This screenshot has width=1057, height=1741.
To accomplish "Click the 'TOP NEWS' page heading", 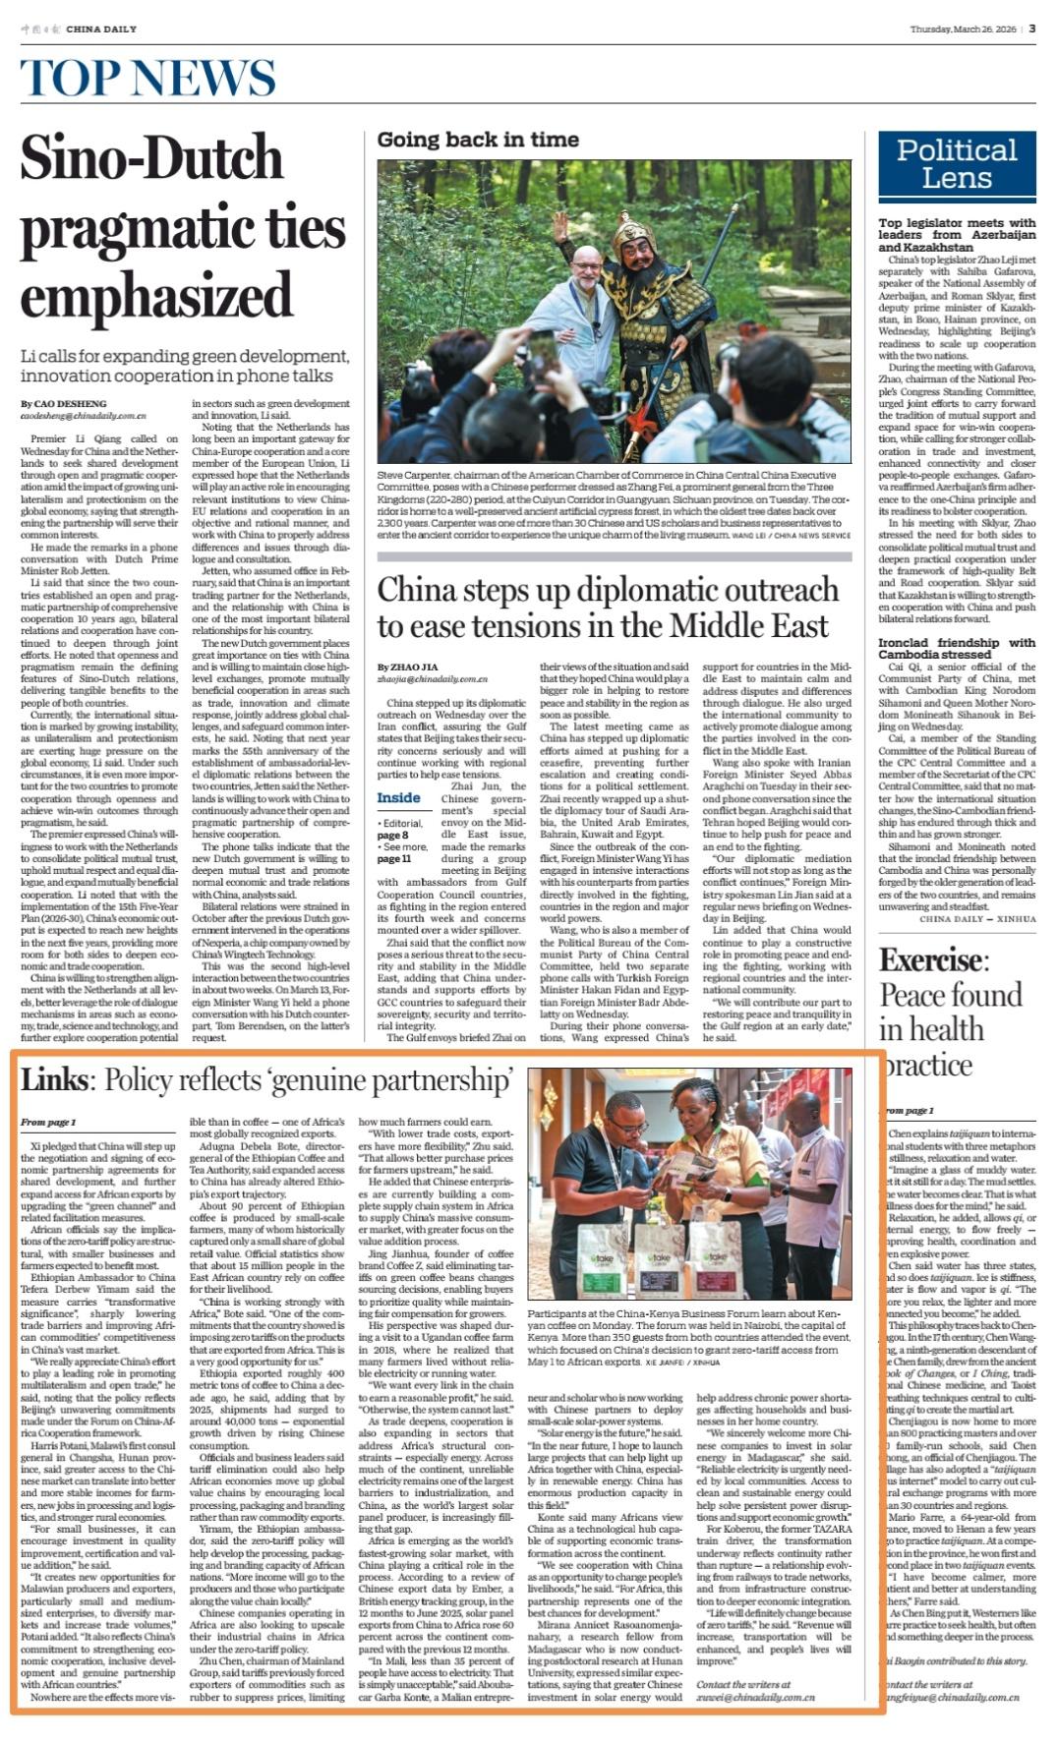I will point(147,78).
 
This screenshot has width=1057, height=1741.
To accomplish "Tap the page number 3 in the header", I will point(1032,29).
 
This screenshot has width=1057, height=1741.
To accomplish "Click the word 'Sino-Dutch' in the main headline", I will point(151,158).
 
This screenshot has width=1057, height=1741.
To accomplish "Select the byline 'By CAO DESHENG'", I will point(63,404).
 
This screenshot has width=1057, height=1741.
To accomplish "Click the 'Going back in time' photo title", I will point(478,140).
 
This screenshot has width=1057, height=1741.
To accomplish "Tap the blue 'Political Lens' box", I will point(956,163).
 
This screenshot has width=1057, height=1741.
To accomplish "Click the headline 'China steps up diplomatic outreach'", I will point(608,590).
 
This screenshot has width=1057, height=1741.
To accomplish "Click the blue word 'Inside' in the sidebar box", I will point(399,797).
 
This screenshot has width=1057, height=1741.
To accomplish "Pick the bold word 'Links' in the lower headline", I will point(54,1080).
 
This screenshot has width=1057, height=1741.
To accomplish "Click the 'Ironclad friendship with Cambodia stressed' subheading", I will point(956,648).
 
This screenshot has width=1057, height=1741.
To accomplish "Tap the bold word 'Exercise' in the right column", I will point(929,959).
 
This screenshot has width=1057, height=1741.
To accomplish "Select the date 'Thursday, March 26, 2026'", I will point(963,29).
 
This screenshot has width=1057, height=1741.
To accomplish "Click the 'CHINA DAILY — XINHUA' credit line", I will point(977,919).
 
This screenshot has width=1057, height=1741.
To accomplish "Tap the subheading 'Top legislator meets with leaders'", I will point(956,235).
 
